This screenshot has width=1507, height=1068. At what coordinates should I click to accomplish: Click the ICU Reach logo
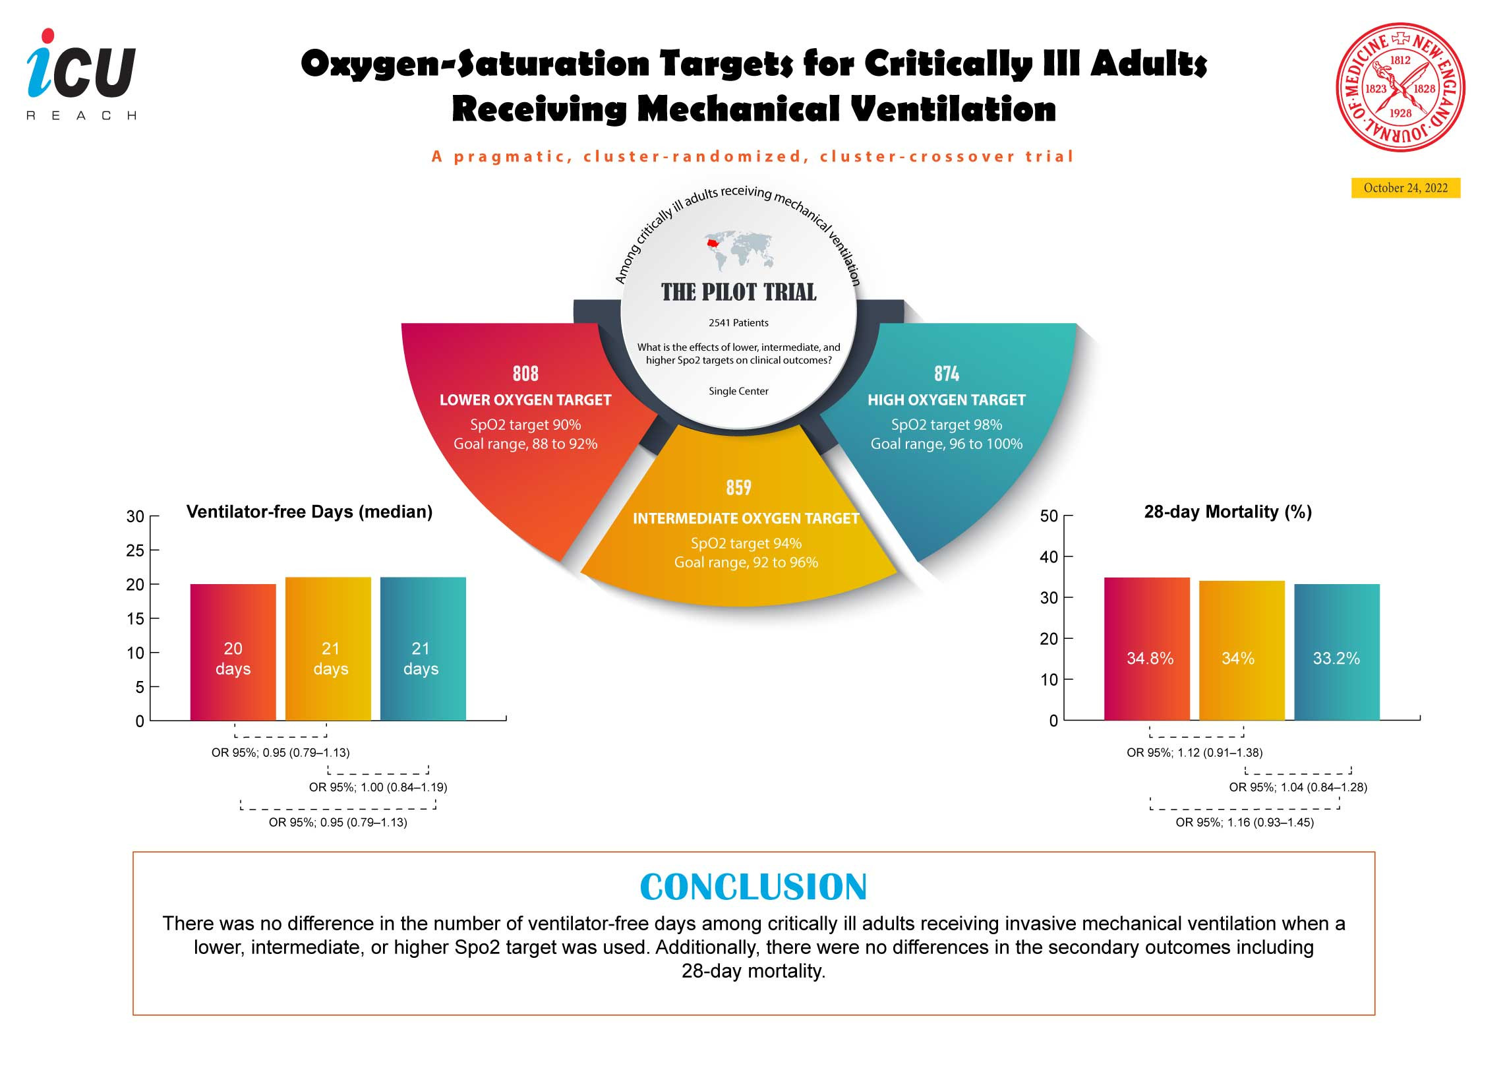point(82,74)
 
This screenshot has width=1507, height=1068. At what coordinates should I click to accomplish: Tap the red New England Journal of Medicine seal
point(1401,87)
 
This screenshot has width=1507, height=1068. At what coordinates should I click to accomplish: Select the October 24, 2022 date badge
point(1405,188)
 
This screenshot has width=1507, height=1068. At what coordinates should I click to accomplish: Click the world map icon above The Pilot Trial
point(738,251)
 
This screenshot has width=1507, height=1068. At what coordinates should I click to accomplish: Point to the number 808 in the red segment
point(525,374)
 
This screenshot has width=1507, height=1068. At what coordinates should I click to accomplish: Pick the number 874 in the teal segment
point(947,374)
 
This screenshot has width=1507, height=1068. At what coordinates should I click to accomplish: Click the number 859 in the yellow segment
point(738,488)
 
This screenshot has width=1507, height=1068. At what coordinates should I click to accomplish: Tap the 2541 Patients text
point(738,323)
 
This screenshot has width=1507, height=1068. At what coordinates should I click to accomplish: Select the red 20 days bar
point(233,652)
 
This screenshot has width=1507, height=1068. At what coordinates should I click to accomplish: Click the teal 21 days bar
point(423,649)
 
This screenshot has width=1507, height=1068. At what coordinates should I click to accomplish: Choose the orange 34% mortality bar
point(1242,651)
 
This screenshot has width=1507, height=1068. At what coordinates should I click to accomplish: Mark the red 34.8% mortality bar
point(1147,649)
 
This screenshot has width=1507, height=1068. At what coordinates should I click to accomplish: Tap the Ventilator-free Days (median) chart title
point(309,512)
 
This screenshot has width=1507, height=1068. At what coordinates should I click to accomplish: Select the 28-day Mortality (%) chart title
point(1228,512)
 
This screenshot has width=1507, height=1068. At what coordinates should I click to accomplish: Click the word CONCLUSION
point(753,887)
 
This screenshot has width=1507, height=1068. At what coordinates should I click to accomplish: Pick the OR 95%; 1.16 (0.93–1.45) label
point(1245,823)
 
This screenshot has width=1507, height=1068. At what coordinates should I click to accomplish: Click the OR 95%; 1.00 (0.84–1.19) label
point(378,787)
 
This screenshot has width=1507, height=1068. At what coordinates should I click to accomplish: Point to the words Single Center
point(738,391)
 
